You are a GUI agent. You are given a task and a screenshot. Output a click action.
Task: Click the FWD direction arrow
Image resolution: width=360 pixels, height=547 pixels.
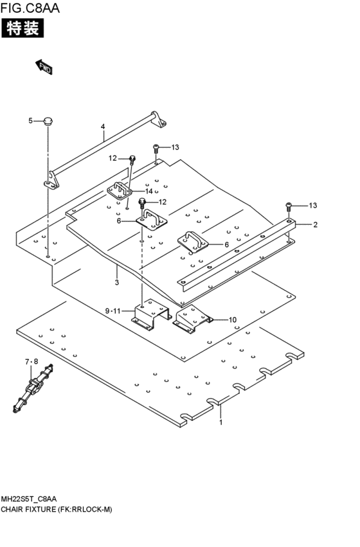click(44, 67)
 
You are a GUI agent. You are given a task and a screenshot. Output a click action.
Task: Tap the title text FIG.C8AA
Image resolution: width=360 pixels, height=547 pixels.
click(30, 8)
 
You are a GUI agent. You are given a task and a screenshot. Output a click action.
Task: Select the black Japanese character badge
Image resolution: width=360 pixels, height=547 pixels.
click(22, 28)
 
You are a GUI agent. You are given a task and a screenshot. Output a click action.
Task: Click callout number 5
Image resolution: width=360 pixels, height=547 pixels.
click(30, 121)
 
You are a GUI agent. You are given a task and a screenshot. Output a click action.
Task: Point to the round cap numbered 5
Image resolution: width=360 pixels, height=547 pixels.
click(48, 122)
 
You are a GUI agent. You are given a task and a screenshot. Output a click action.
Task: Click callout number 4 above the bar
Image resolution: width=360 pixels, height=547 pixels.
click(103, 127)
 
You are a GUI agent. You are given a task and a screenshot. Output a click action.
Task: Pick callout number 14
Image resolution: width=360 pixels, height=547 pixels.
click(149, 191)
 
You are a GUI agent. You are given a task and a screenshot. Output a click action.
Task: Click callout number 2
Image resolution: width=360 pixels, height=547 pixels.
click(316, 225)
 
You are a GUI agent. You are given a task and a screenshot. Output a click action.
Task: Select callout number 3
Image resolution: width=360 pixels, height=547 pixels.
click(117, 282)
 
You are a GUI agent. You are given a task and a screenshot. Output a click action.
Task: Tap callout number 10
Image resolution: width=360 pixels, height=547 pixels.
click(232, 320)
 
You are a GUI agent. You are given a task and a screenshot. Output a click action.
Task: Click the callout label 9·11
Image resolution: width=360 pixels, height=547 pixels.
click(113, 311)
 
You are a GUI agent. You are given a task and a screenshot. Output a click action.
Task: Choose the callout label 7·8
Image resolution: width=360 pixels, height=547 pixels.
click(32, 362)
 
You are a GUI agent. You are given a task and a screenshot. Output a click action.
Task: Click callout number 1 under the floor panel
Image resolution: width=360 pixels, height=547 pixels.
click(221, 422)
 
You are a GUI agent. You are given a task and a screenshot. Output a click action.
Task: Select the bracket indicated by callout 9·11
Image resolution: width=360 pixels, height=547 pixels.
click(152, 315)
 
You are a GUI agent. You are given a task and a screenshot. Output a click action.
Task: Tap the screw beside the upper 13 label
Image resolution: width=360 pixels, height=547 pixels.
click(156, 148)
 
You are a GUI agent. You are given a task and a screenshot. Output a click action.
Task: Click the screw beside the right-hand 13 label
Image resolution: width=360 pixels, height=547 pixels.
click(289, 206)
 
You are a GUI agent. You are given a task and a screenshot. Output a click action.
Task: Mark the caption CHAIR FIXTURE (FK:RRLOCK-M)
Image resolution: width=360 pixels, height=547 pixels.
click(57, 510)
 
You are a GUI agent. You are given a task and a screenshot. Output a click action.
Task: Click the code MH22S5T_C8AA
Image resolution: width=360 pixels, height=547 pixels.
click(29, 499)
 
